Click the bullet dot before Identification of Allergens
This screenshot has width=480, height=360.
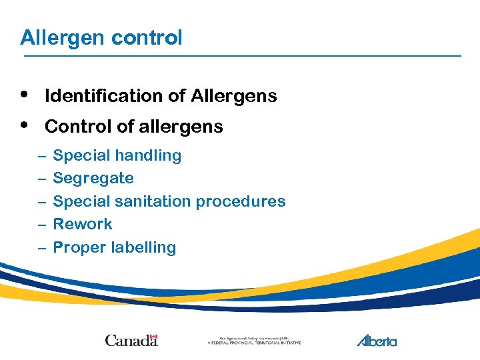[x=25, y=94]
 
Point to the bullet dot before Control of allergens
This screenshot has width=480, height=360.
[x=25, y=125]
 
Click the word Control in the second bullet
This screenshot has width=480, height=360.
[x=75, y=127]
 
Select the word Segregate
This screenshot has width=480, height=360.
[x=93, y=179]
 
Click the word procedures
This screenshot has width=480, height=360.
[x=245, y=201]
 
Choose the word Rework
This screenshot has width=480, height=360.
[x=82, y=224]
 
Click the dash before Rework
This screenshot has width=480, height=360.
[x=41, y=225]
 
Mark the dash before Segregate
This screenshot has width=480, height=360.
[x=41, y=179]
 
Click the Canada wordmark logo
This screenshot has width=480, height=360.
[x=131, y=340]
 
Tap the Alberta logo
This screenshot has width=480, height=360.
[x=377, y=340]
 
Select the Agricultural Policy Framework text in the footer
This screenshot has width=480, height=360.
[x=254, y=341]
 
